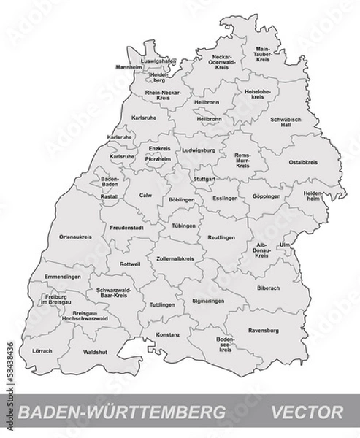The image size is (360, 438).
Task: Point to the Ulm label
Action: coord(285,245)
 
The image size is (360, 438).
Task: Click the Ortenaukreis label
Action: coord(74,237)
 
